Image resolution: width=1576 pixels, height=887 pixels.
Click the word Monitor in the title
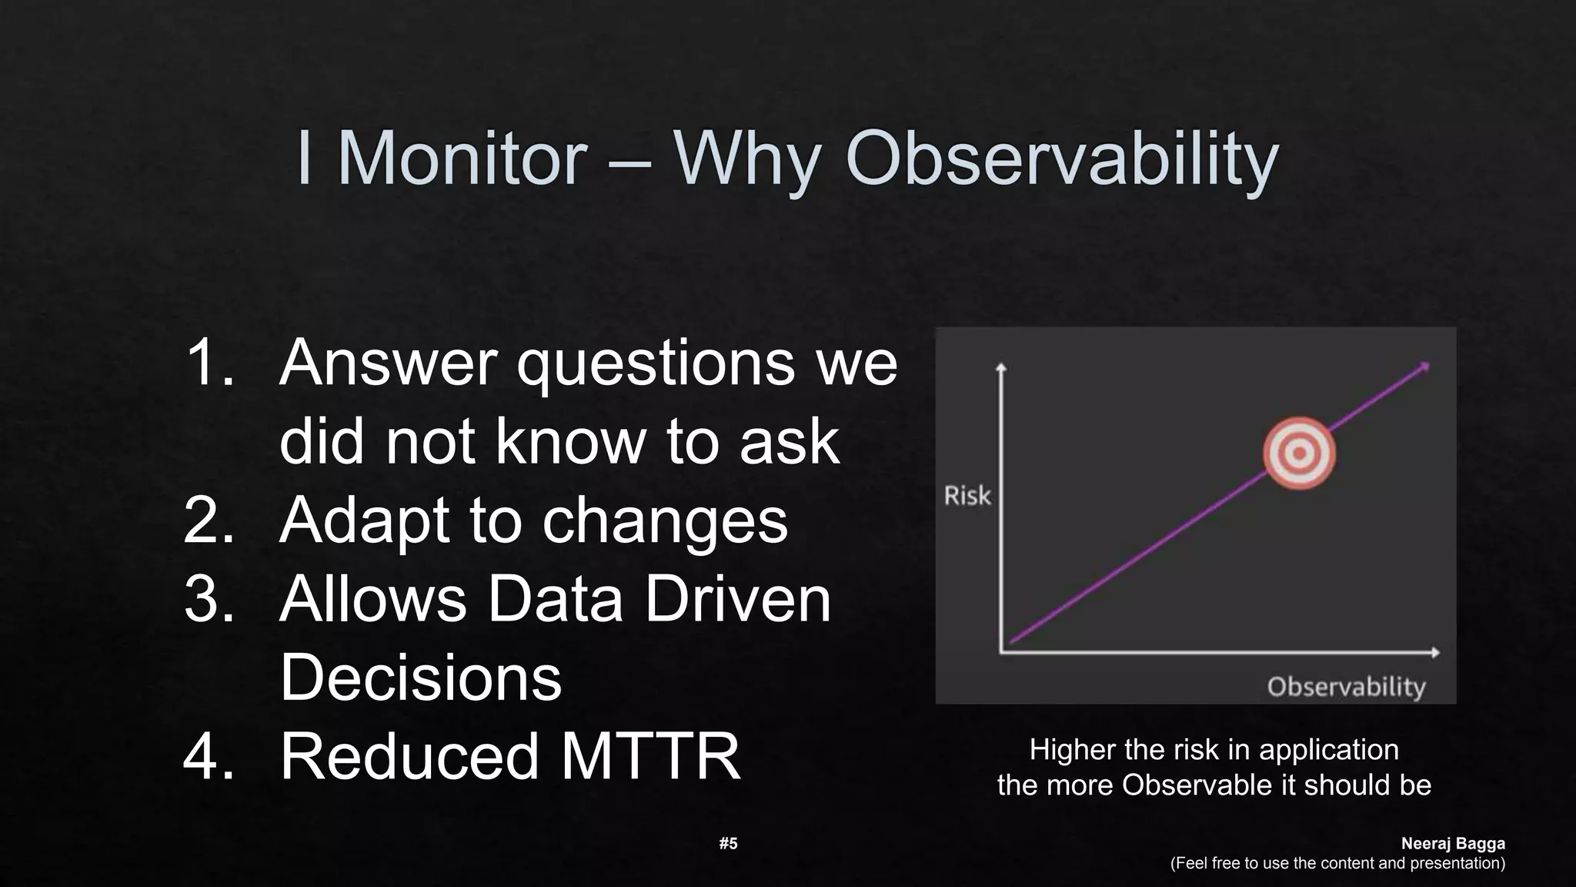462,159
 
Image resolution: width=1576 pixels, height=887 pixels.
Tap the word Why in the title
746,160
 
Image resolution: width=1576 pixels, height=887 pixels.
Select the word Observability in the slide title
1062,159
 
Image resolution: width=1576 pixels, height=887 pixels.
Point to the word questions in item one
656,365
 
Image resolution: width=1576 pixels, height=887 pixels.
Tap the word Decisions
420,678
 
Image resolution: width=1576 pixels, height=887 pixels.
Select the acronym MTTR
650,756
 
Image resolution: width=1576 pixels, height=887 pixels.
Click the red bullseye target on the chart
1299,454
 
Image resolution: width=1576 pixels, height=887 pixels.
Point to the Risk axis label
967,496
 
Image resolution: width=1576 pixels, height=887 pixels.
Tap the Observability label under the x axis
1346,686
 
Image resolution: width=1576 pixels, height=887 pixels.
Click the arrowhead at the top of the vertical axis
1001,367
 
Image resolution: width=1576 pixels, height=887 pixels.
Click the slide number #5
728,843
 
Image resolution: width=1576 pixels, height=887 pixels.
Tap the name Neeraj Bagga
1452,843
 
